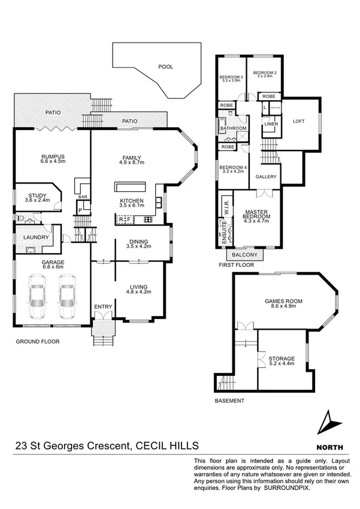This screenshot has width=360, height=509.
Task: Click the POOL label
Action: [x=166, y=67]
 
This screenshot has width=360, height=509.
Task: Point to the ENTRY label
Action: [x=103, y=307]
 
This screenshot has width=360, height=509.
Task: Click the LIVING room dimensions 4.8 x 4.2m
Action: [x=137, y=292]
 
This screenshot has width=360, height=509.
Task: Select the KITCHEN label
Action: [x=131, y=200]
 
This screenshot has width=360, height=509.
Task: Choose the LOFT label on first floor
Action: [x=299, y=121]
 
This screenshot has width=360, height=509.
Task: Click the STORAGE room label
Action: [x=281, y=359]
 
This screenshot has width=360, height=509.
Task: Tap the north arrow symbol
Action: [x=327, y=423]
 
